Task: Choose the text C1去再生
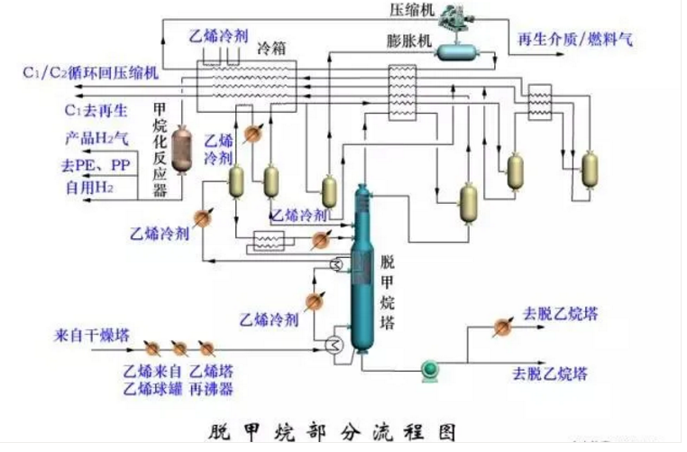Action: coord(96,111)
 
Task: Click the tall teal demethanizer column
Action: coord(363,271)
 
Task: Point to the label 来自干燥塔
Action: coord(91,336)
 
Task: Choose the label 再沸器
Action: coord(215,389)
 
